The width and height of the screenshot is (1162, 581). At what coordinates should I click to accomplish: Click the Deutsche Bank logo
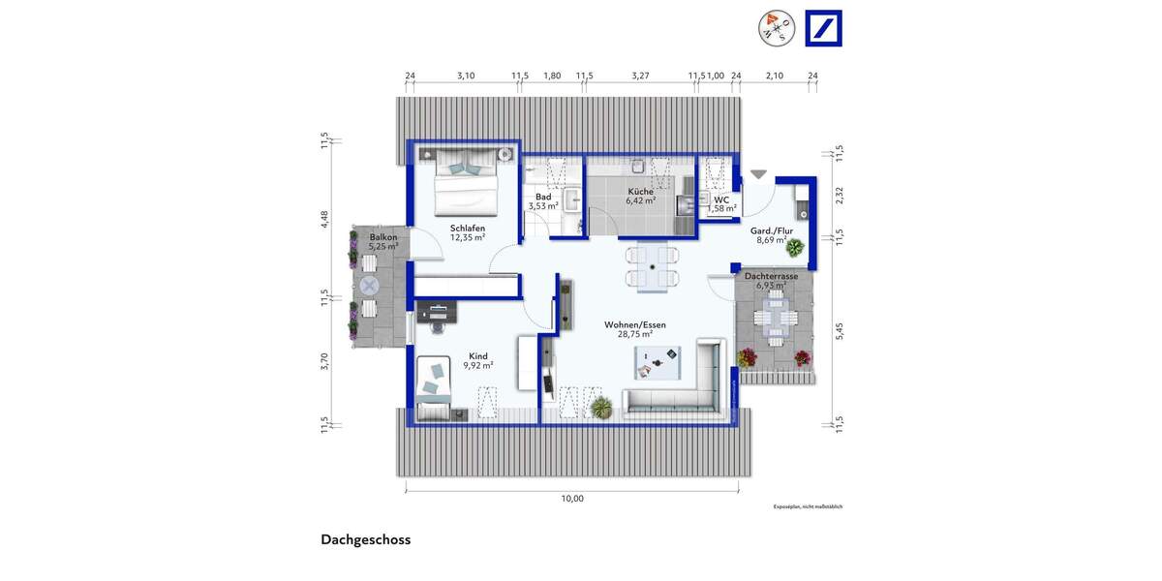coord(824,28)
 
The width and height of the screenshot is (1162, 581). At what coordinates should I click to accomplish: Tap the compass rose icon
coord(777,28)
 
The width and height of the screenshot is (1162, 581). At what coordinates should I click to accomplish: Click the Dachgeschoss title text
coord(365,540)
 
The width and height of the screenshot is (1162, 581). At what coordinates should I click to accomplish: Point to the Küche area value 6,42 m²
coord(639,202)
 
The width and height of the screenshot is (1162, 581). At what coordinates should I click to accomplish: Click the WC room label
coord(721,199)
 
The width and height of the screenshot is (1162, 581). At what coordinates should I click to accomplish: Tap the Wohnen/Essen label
coord(634,324)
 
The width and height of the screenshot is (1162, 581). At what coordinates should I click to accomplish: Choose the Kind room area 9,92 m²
coord(477,366)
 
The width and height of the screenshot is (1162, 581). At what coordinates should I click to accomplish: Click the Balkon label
coord(382,236)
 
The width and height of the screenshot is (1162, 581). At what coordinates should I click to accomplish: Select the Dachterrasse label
coord(771,276)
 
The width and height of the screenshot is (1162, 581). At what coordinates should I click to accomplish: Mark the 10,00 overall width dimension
coord(572,499)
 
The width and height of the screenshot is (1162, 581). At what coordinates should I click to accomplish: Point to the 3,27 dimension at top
coord(640,76)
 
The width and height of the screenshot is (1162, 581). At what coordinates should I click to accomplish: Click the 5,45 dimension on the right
coord(841,329)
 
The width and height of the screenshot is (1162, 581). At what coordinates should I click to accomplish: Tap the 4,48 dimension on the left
coord(325,221)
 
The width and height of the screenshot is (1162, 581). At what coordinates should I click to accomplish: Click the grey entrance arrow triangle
coord(758,174)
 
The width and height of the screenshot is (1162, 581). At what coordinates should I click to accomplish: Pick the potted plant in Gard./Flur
coord(794,249)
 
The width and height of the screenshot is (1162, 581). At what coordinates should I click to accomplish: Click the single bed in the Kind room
coord(435,386)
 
